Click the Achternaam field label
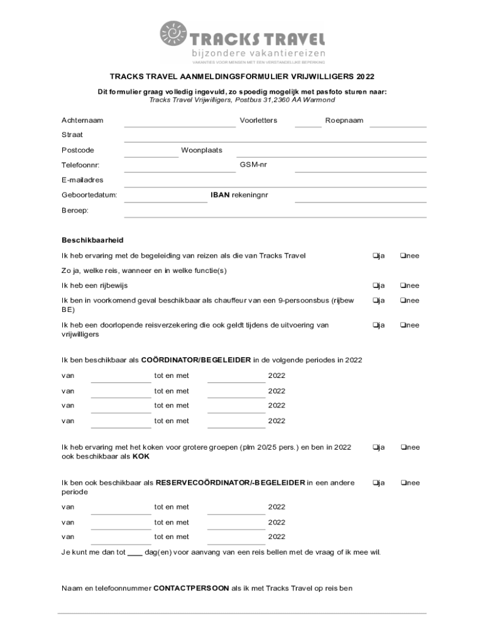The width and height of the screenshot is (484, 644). (x=82, y=120)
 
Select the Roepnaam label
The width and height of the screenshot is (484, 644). (x=344, y=120)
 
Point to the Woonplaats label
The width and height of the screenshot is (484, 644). (x=201, y=150)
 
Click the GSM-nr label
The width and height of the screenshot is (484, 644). (x=253, y=164)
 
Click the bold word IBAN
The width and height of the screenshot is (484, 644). (x=219, y=196)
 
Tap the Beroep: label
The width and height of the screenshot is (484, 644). (x=75, y=210)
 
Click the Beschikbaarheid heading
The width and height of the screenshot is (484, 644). (x=92, y=240)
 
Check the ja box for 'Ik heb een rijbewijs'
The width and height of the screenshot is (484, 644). (x=375, y=286)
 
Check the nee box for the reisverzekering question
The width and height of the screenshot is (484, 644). (x=403, y=325)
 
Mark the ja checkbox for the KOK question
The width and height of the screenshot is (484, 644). (x=375, y=447)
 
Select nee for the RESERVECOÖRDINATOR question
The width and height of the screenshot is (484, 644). (x=403, y=483)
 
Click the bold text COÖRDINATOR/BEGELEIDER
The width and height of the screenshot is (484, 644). (x=196, y=360)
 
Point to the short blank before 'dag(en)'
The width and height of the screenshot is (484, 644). (x=135, y=554)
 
